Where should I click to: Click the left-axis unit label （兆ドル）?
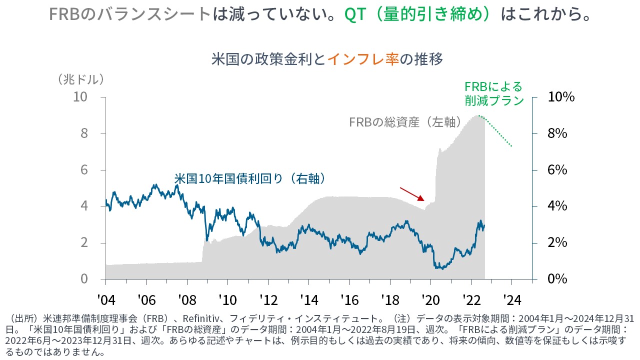(81, 79)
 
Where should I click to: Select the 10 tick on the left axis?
(80, 97)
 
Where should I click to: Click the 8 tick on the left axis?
(84, 133)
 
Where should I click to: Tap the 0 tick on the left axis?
(84, 279)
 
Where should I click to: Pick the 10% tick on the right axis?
(561, 97)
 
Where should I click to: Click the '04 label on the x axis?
(106, 300)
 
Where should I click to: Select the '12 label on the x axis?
(268, 300)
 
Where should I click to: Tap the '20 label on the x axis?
(430, 300)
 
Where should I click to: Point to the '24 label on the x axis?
(511, 300)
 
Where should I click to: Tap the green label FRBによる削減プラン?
(494, 93)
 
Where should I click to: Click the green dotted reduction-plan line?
(497, 130)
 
